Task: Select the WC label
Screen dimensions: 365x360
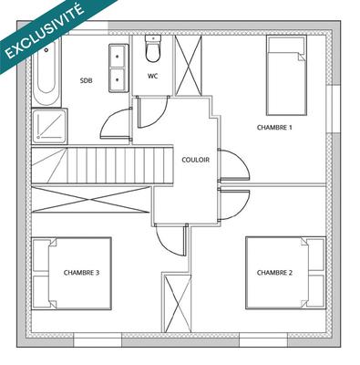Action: click(152, 76)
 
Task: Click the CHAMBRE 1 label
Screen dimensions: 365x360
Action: click(274, 128)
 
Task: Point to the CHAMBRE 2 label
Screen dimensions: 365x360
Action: click(274, 272)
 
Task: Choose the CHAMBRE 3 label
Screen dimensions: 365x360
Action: click(81, 272)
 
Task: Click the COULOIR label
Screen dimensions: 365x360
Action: click(196, 159)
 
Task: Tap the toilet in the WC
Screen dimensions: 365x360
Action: click(152, 50)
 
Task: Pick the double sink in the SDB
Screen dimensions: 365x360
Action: click(118, 68)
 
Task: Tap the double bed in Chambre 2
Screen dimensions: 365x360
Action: click(285, 272)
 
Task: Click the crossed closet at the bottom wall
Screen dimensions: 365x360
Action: click(176, 304)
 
